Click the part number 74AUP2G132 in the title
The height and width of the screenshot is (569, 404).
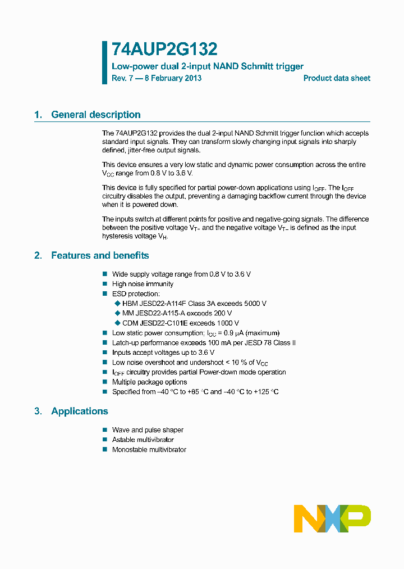point(164,49)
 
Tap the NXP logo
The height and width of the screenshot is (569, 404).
point(332,518)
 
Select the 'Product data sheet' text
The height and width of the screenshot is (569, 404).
point(337,79)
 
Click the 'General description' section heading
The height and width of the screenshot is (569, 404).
point(96,115)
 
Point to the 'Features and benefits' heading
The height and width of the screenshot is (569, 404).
point(100,255)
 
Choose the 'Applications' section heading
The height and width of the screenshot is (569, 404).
point(80,411)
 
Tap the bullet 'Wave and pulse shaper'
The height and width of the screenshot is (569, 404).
point(148,430)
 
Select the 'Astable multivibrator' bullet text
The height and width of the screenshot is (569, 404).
point(143,440)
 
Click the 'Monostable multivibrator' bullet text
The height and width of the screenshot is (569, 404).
point(149,450)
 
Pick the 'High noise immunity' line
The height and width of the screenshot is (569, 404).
point(143,284)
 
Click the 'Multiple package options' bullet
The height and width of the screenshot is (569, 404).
point(149,382)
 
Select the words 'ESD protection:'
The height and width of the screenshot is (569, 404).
point(136,294)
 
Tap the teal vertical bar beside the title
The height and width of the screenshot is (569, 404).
point(104,62)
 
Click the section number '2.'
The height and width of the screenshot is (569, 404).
point(38,255)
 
